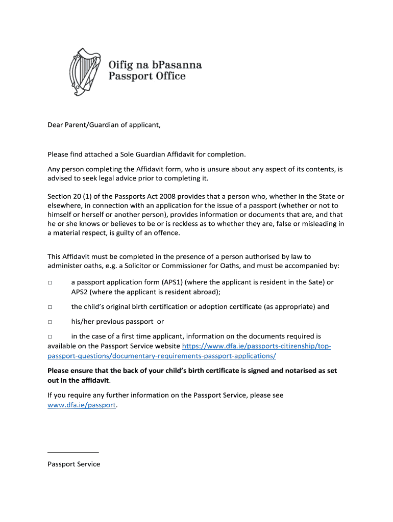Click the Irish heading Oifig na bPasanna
tap(155, 65)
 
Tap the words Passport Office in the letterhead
tap(146, 77)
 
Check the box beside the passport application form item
tap(50, 282)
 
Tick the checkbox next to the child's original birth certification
tap(50, 307)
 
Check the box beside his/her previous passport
tap(50, 322)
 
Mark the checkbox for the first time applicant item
tap(50, 337)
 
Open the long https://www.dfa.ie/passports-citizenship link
tap(256, 347)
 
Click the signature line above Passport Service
tap(73, 452)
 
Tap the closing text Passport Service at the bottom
tap(73, 464)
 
